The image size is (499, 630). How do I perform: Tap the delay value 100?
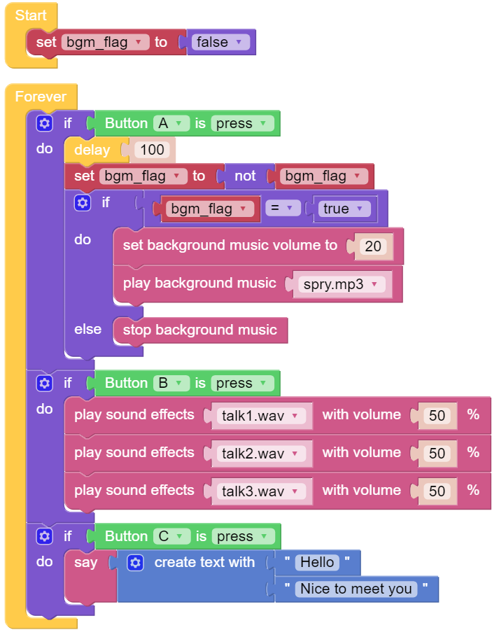click(153, 150)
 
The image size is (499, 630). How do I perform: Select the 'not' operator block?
click(245, 176)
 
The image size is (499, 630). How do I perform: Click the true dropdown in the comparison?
click(342, 209)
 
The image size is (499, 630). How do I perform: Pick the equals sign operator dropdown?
click(283, 208)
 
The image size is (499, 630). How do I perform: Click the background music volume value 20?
click(373, 246)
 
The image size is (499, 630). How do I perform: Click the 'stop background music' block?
click(200, 330)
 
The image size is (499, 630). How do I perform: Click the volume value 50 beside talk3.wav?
click(437, 491)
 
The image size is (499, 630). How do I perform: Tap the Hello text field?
click(317, 563)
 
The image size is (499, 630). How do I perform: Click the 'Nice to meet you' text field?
click(356, 589)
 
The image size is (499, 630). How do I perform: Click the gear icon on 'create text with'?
click(135, 563)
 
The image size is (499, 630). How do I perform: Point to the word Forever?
click(41, 97)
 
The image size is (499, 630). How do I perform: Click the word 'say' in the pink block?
click(85, 563)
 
